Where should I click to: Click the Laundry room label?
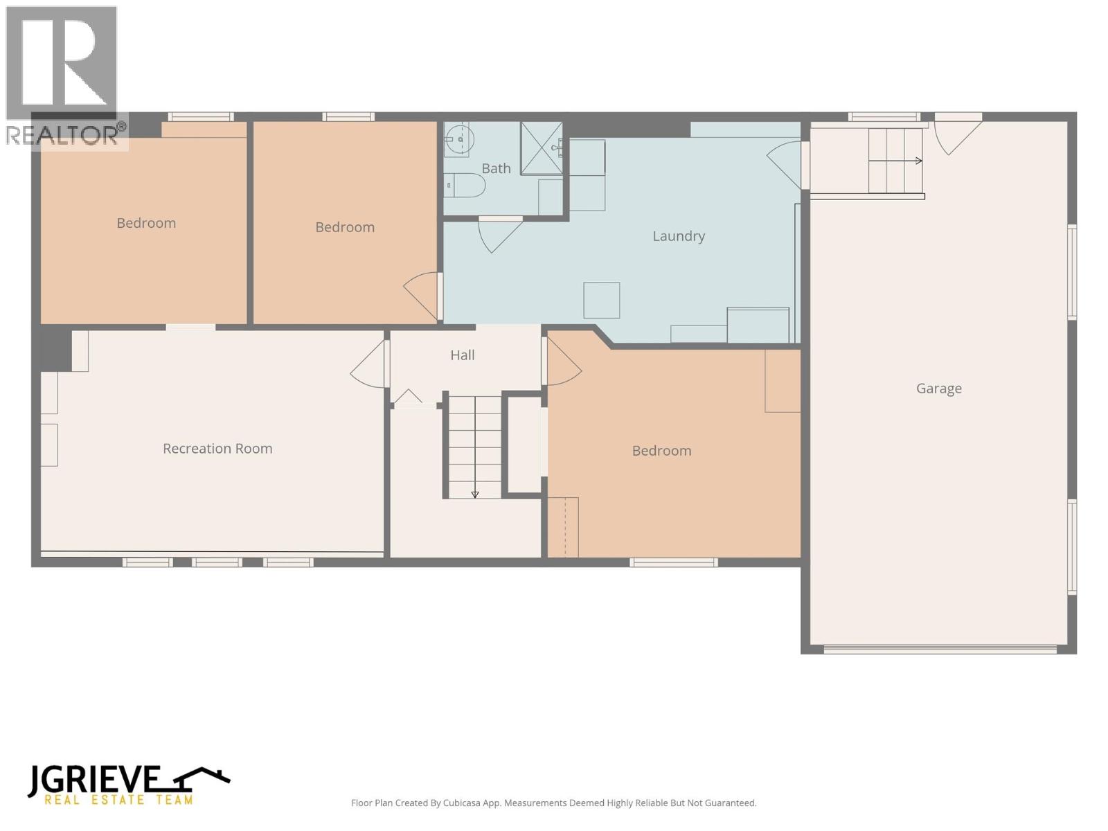pyautogui.click(x=678, y=236)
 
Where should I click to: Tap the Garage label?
pyautogui.click(x=938, y=388)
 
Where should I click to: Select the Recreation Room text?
pyautogui.click(x=217, y=449)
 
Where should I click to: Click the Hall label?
pyautogui.click(x=462, y=355)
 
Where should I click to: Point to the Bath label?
pyautogui.click(x=496, y=168)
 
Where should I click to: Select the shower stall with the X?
pyautogui.click(x=541, y=148)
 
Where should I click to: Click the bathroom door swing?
pyautogui.click(x=497, y=233)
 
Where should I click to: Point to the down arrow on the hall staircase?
pyautogui.click(x=475, y=494)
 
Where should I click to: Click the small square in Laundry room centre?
pyautogui.click(x=601, y=300)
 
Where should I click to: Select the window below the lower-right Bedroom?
pyautogui.click(x=673, y=562)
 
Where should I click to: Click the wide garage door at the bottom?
pyautogui.click(x=940, y=650)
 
